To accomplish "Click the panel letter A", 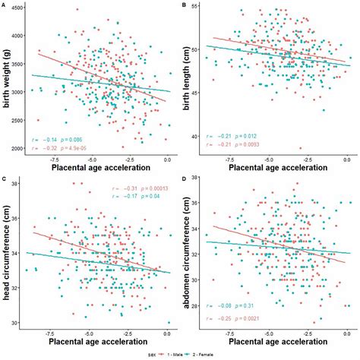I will point(4,5).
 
